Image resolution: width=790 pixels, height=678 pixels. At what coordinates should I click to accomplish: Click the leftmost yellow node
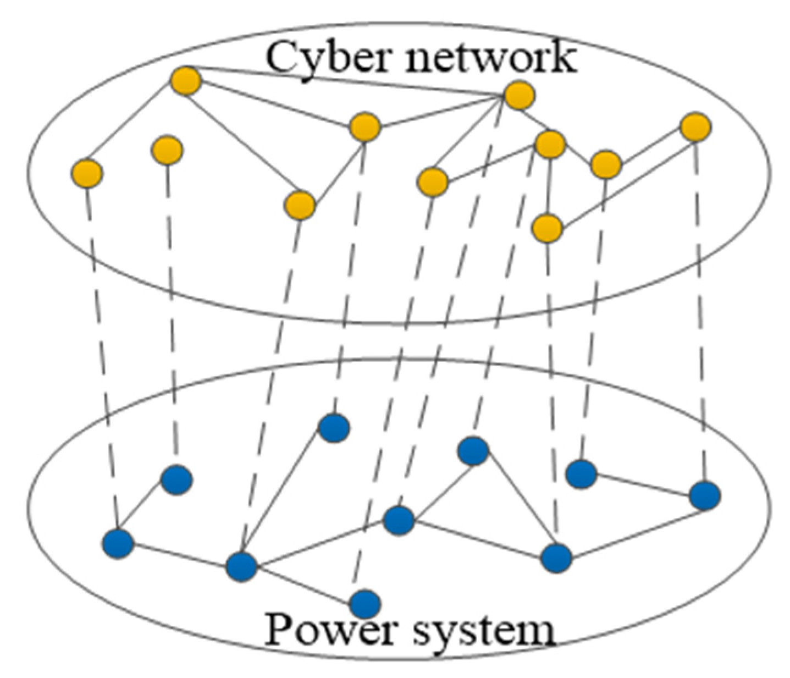[86, 173]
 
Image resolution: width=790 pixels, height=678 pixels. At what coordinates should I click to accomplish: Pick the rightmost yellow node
[695, 127]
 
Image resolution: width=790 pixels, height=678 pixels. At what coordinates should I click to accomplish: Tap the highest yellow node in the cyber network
[185, 81]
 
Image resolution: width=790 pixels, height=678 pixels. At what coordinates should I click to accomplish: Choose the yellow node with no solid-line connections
[168, 150]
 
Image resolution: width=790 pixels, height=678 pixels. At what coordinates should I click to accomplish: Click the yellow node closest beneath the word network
[519, 96]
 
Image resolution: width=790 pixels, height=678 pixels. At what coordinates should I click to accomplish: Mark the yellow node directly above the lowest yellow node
[550, 145]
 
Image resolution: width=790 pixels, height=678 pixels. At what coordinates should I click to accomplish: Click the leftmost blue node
[118, 543]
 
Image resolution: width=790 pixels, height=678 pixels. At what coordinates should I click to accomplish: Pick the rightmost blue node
[705, 495]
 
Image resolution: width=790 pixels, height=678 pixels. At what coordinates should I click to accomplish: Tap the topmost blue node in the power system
[334, 428]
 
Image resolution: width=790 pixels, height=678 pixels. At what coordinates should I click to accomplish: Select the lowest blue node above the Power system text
[366, 603]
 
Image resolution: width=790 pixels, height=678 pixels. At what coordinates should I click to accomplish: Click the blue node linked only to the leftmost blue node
[176, 479]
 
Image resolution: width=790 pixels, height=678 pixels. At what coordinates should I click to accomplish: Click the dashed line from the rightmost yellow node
[700, 308]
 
